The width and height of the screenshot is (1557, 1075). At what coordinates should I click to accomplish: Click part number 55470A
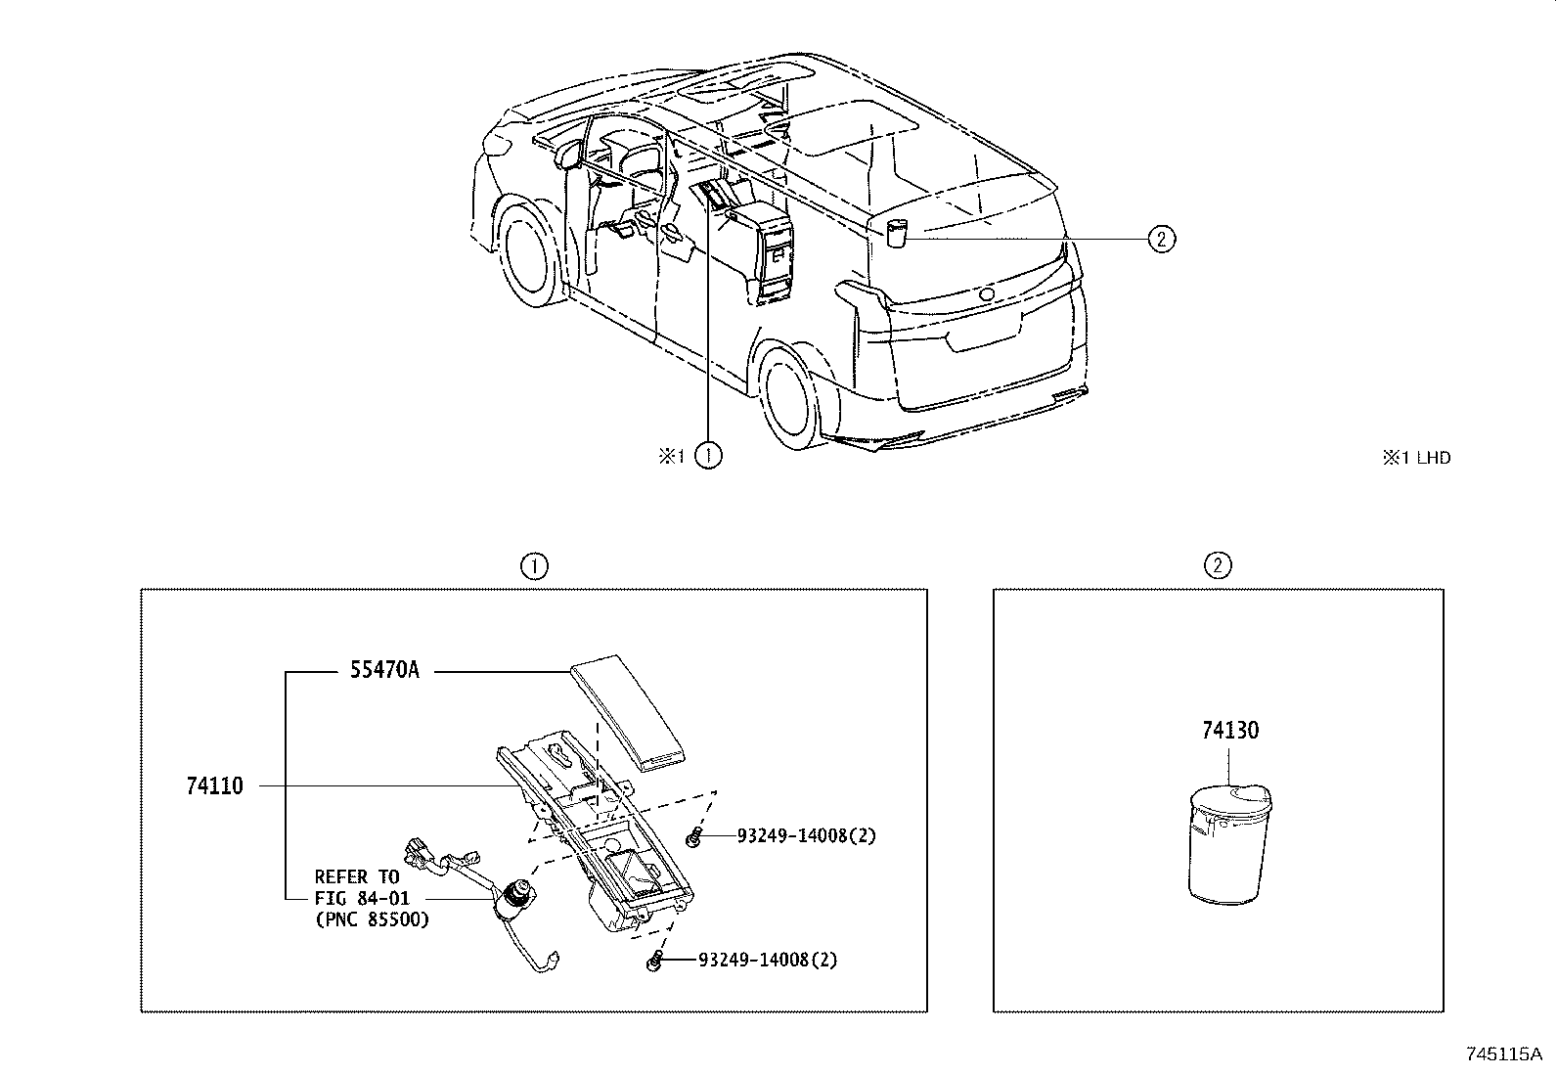tap(384, 671)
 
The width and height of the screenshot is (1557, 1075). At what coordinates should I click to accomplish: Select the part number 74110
tap(213, 785)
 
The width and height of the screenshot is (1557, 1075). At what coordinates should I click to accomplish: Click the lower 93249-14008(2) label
tap(768, 960)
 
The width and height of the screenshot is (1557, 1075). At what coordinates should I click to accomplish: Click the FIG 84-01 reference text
tap(362, 898)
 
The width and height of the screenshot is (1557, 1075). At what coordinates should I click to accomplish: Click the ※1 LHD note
tap(1416, 457)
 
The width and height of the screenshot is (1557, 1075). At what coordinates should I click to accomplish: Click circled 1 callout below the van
tap(708, 456)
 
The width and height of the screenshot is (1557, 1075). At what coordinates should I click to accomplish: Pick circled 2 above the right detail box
tap(1218, 565)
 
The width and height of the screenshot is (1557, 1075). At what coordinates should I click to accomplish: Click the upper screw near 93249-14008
tap(694, 835)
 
